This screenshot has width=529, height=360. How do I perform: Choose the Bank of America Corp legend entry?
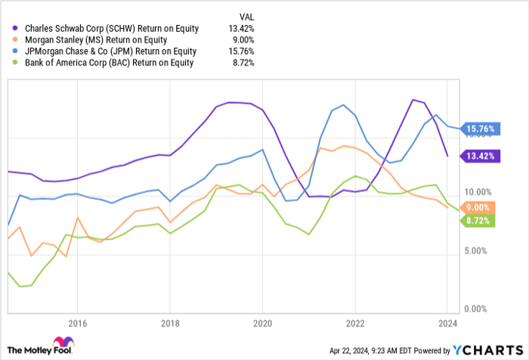pyautogui.click(x=111, y=63)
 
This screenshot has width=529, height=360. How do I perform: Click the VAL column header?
pyautogui.click(x=246, y=17)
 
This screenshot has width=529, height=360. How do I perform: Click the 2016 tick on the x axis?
pyautogui.click(x=76, y=322)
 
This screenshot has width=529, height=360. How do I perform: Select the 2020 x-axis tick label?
pyautogui.click(x=262, y=322)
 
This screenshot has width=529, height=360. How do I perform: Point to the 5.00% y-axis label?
pyautogui.click(x=480, y=250)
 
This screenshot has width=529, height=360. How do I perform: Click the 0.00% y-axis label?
pyautogui.click(x=480, y=309)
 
